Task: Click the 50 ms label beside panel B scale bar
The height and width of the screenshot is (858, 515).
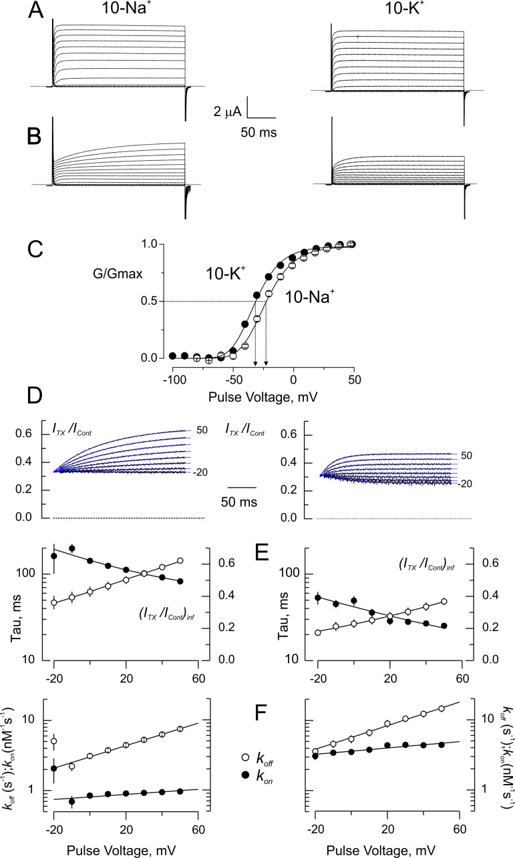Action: [x=259, y=131]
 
